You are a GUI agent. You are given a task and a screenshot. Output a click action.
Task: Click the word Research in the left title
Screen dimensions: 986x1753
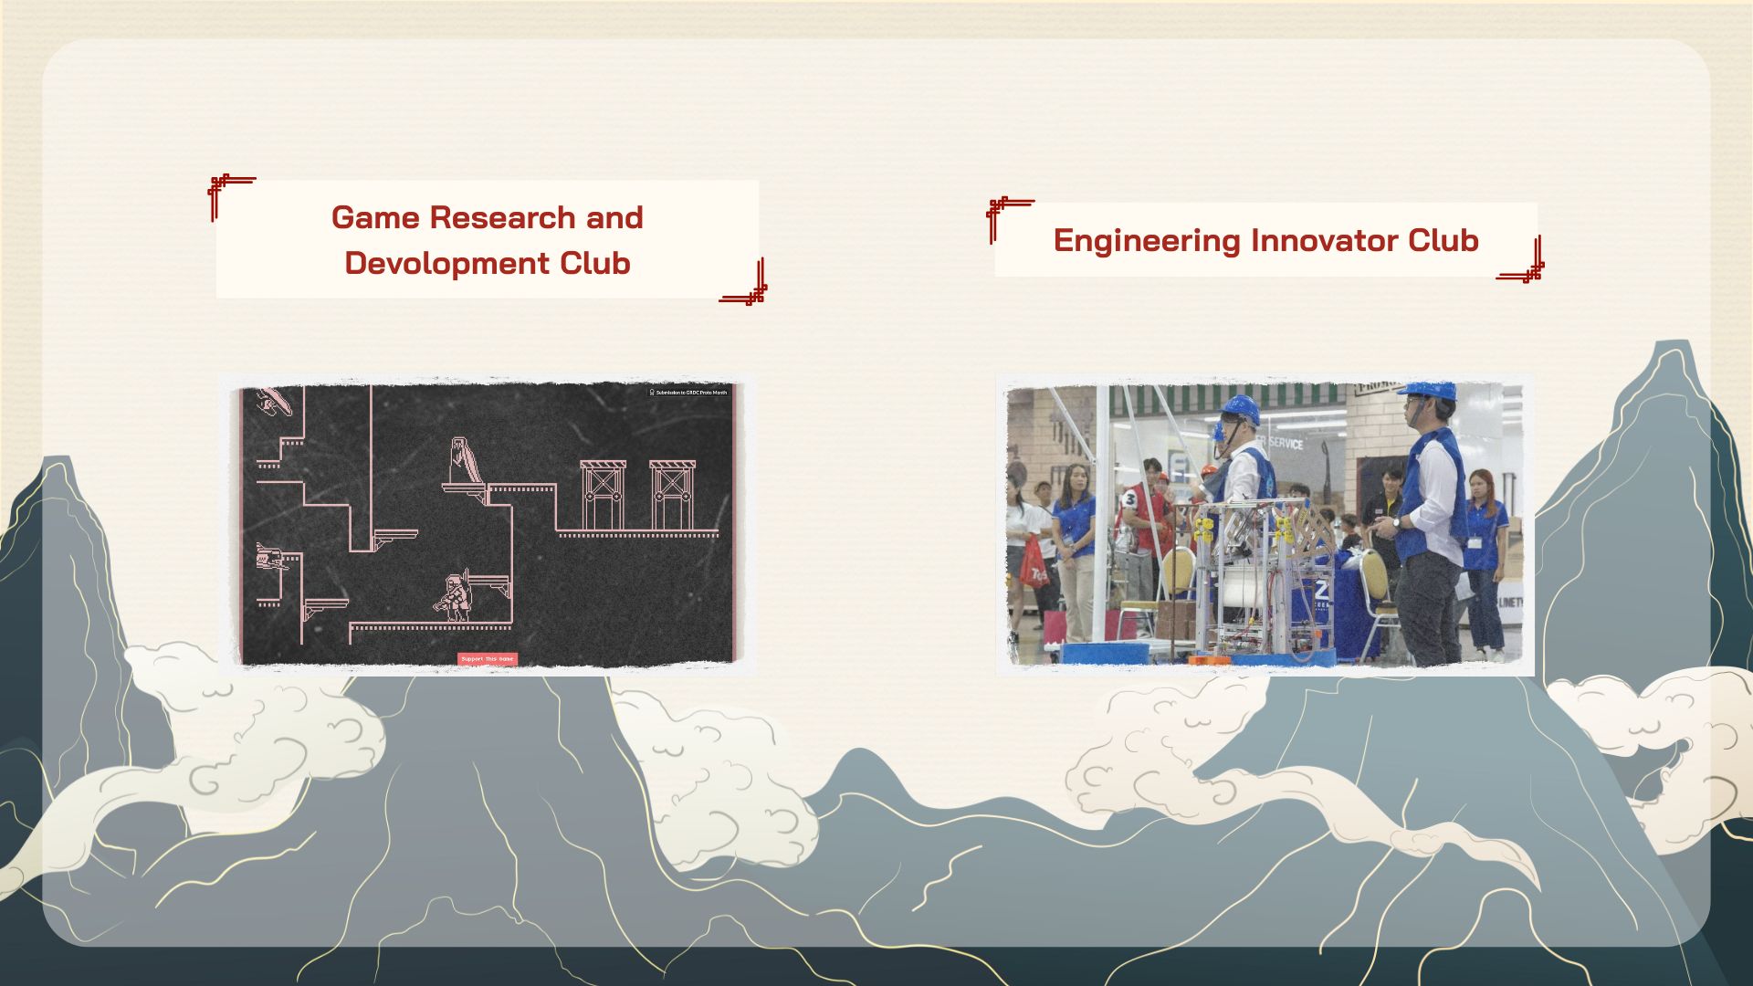click(x=502, y=218)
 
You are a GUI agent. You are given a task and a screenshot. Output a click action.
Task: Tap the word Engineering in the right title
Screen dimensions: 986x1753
click(x=1147, y=241)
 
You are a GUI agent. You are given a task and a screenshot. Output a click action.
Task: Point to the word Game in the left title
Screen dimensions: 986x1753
click(x=375, y=218)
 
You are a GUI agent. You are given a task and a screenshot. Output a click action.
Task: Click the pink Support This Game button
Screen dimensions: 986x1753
click(x=488, y=659)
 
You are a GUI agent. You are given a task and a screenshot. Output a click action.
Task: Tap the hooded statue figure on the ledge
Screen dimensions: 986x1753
click(x=461, y=461)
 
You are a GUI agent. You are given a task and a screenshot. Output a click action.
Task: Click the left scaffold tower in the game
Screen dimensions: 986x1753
click(x=603, y=495)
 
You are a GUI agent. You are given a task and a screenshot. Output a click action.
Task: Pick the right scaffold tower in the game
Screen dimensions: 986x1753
click(x=672, y=495)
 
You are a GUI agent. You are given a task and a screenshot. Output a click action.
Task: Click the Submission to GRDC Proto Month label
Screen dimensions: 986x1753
click(x=689, y=393)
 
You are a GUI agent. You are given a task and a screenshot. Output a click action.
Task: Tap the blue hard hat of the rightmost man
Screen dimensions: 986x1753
click(x=1430, y=391)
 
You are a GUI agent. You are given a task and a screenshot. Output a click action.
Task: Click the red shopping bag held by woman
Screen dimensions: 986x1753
click(x=1033, y=563)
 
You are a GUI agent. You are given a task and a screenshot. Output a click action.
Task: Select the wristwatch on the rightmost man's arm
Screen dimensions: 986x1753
click(x=1398, y=522)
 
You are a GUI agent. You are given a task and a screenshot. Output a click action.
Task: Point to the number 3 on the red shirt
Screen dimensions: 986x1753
click(x=1130, y=499)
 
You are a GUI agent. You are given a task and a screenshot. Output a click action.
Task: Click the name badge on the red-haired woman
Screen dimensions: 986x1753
click(x=1475, y=542)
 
